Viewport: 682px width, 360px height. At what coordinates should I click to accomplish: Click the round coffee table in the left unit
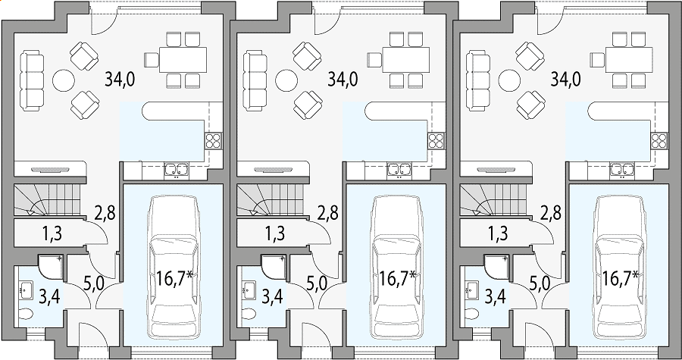tap(64, 80)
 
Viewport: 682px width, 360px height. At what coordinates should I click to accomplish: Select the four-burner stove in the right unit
tap(659, 140)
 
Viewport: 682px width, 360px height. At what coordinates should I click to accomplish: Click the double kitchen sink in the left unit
tap(176, 171)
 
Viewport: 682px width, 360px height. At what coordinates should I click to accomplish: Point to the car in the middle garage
tap(396, 267)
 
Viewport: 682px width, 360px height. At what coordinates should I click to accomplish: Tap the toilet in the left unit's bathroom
tap(26, 314)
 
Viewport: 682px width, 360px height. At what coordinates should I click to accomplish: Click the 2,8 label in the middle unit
tap(328, 214)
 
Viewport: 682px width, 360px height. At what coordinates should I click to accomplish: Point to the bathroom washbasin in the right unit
tap(472, 290)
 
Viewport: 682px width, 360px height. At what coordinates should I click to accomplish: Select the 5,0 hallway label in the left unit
tap(93, 286)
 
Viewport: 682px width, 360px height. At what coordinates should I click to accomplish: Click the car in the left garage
tap(174, 267)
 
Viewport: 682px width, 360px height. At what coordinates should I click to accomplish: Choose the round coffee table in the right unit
tap(509, 80)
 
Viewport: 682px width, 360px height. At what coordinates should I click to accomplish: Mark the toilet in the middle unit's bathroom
tap(249, 314)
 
